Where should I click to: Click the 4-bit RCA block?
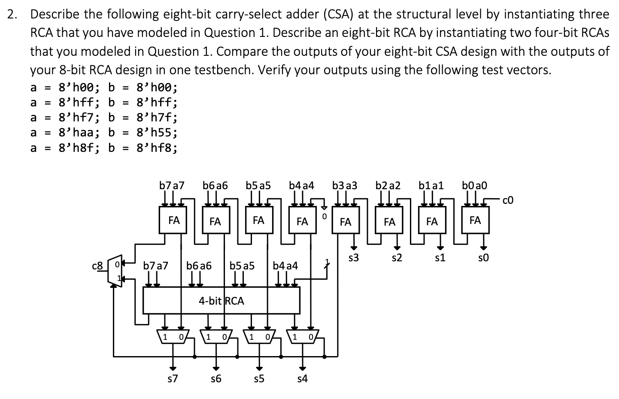(221, 300)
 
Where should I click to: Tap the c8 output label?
(97, 266)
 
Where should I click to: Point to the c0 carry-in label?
(507, 200)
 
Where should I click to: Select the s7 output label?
(173, 378)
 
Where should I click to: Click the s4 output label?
(302, 378)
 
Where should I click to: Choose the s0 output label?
(483, 258)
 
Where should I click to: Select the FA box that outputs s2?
(389, 221)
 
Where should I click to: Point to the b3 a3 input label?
(345, 186)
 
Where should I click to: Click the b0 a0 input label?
(474, 186)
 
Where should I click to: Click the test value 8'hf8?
(156, 148)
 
